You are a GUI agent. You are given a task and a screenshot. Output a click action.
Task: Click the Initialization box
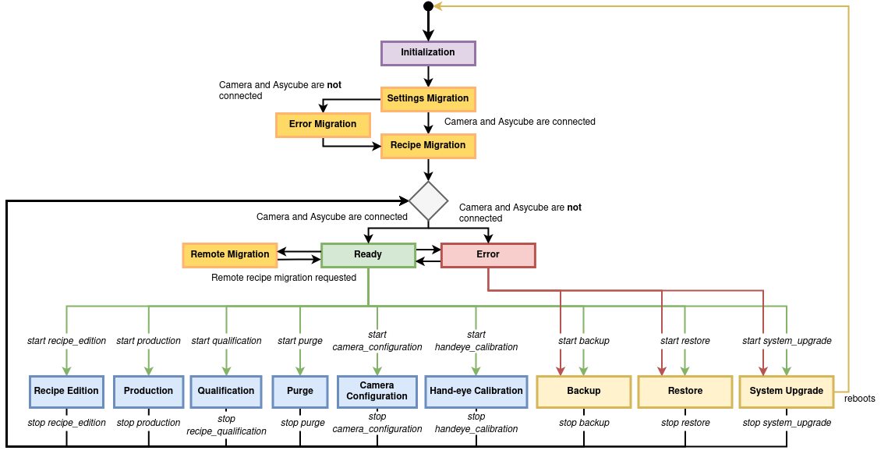[x=428, y=53]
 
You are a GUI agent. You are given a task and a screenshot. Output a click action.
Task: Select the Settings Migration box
[x=428, y=99]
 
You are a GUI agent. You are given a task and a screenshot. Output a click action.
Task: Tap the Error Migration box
[x=323, y=125]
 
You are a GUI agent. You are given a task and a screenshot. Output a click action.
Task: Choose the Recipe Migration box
[x=428, y=146]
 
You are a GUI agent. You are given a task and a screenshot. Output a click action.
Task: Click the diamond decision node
[x=429, y=201]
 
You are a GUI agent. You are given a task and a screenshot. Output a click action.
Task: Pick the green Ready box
[x=368, y=255]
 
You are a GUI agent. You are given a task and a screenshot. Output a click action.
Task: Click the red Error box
[x=488, y=255]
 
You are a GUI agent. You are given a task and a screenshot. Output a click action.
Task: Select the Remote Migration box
[x=230, y=255]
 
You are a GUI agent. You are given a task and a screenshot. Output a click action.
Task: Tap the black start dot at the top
[x=428, y=6]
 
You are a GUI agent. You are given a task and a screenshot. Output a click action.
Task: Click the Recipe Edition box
[x=66, y=392]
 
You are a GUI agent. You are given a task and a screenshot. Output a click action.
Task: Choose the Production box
[x=148, y=392]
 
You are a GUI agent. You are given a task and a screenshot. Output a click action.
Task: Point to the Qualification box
[x=226, y=392]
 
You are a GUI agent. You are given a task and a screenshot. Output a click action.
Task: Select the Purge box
[x=300, y=392]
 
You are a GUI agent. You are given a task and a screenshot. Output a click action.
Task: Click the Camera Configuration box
[x=377, y=392]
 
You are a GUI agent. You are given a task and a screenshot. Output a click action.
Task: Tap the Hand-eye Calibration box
[x=476, y=392]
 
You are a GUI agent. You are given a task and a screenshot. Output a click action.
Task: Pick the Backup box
[x=584, y=392]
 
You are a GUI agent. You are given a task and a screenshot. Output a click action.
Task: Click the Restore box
[x=685, y=392]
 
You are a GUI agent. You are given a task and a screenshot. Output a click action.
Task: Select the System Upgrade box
[x=787, y=392]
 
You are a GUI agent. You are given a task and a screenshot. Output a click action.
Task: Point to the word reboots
[x=860, y=399]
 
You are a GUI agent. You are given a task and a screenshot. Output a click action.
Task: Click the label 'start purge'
[x=300, y=341]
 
